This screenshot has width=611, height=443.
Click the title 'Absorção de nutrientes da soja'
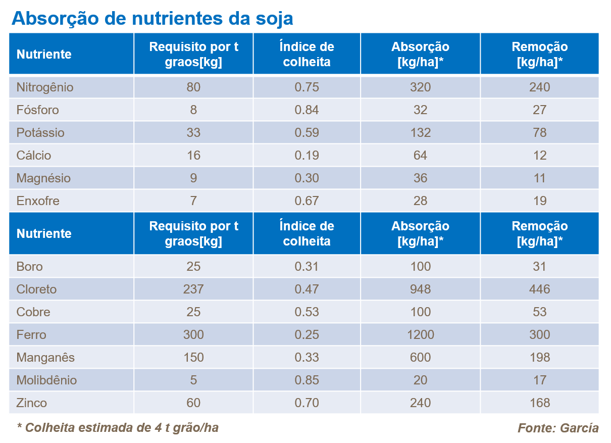152,18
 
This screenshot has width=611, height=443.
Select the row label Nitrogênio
45,87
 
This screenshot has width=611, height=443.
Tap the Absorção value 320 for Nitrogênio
420,87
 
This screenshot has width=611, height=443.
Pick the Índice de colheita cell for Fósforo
307,110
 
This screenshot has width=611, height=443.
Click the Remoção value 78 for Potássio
539,133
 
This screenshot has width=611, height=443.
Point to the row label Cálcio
34,156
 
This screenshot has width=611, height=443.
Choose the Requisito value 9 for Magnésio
193,178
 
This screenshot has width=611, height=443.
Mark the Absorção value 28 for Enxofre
420,201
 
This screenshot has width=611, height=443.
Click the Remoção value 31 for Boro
539,267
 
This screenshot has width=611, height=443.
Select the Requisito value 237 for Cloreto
193,289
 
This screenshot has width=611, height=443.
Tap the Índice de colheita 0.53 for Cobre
307,312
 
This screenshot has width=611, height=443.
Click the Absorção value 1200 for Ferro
420,335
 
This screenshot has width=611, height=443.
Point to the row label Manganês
45,358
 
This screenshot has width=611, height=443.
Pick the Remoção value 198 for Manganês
539,358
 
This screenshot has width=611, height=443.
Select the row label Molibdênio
46,380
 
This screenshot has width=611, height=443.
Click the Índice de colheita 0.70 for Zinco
307,403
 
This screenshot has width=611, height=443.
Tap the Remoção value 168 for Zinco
539,403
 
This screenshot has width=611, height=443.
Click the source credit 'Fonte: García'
558,428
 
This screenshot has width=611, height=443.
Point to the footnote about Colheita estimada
118,428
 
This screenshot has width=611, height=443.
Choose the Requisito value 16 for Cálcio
193,156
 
